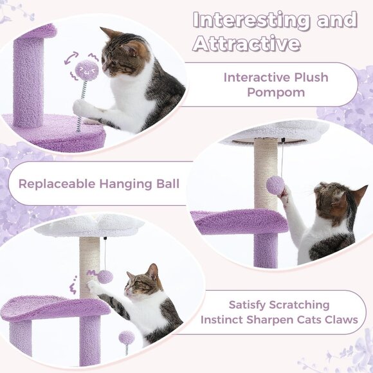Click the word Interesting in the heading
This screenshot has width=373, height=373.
(x=246, y=20)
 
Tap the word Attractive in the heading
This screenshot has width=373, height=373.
(x=246, y=44)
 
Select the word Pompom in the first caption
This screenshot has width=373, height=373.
(x=275, y=93)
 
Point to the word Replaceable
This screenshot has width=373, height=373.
(x=55, y=183)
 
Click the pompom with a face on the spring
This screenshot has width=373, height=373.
(x=87, y=68)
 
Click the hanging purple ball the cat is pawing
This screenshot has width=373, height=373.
(x=276, y=185)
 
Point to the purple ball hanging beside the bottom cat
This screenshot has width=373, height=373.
(x=105, y=277)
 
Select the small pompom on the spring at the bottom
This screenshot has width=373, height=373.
(x=126, y=337)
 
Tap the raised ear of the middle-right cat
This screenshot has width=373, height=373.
(x=358, y=194)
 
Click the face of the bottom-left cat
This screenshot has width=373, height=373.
(x=140, y=283)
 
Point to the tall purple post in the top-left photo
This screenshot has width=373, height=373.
(x=30, y=80)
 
